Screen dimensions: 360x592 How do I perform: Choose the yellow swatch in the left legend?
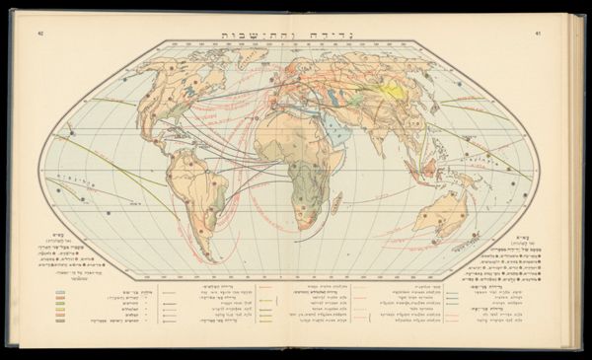62,307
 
